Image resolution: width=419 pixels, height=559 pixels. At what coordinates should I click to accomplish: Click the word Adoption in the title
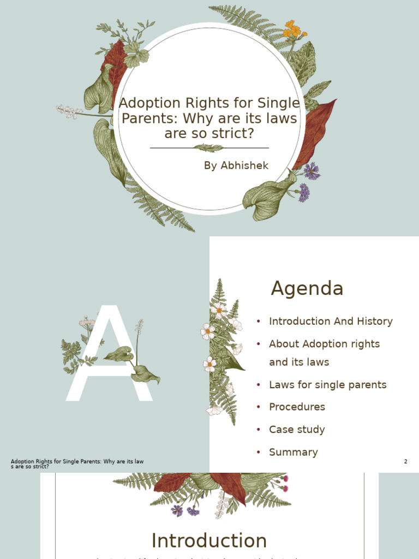click(144, 103)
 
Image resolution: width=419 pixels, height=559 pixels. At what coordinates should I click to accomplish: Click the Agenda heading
click(307, 288)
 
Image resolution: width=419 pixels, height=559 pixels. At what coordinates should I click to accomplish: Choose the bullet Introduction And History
click(331, 322)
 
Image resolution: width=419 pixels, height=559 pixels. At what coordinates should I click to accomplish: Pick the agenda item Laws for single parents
click(327, 385)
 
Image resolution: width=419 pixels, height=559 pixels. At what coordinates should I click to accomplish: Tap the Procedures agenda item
click(297, 407)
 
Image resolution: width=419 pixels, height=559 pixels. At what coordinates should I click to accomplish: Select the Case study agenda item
click(297, 430)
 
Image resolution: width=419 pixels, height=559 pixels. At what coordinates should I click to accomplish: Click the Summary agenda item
click(293, 452)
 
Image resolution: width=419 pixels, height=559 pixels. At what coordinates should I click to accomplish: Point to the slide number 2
click(405, 462)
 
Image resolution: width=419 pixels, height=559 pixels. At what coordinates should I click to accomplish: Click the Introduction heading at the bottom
click(209, 540)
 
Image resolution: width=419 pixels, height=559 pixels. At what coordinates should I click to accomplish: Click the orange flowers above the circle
click(294, 29)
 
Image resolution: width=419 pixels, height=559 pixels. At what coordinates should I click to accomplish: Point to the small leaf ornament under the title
click(209, 148)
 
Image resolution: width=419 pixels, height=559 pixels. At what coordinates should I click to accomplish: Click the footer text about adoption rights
click(77, 464)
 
